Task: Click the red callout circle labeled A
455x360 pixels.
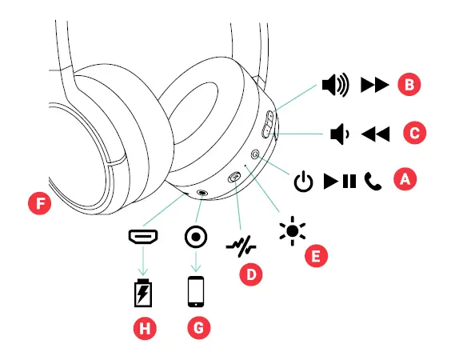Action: point(405,180)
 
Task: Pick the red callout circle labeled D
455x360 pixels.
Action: point(251,274)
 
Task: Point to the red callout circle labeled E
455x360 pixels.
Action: point(317,255)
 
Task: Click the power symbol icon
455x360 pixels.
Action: point(303,182)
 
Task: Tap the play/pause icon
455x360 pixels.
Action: point(340,182)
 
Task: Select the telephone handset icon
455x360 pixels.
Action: point(373,182)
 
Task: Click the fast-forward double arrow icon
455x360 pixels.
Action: point(373,83)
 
